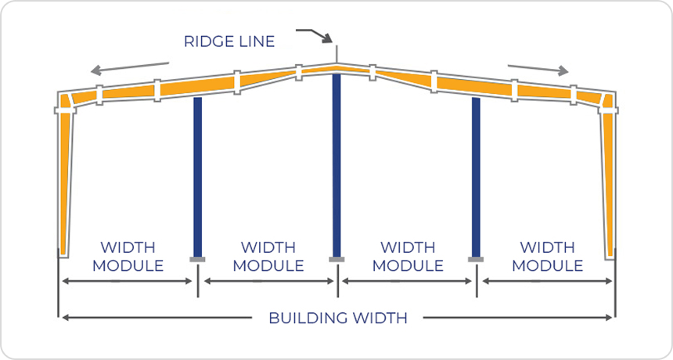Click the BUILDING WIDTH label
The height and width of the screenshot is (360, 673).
(x=337, y=319)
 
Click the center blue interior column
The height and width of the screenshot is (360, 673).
(x=336, y=164)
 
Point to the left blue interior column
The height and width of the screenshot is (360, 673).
(x=197, y=176)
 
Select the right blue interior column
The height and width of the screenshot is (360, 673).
(x=476, y=176)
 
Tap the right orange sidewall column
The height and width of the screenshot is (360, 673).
(x=608, y=180)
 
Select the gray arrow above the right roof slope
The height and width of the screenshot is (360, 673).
(x=538, y=68)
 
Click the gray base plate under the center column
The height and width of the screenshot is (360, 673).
(x=336, y=259)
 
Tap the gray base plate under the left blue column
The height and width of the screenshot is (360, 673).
(x=197, y=258)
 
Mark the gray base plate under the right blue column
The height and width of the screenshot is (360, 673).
(x=476, y=258)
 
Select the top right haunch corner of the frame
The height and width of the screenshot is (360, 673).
(x=607, y=100)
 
